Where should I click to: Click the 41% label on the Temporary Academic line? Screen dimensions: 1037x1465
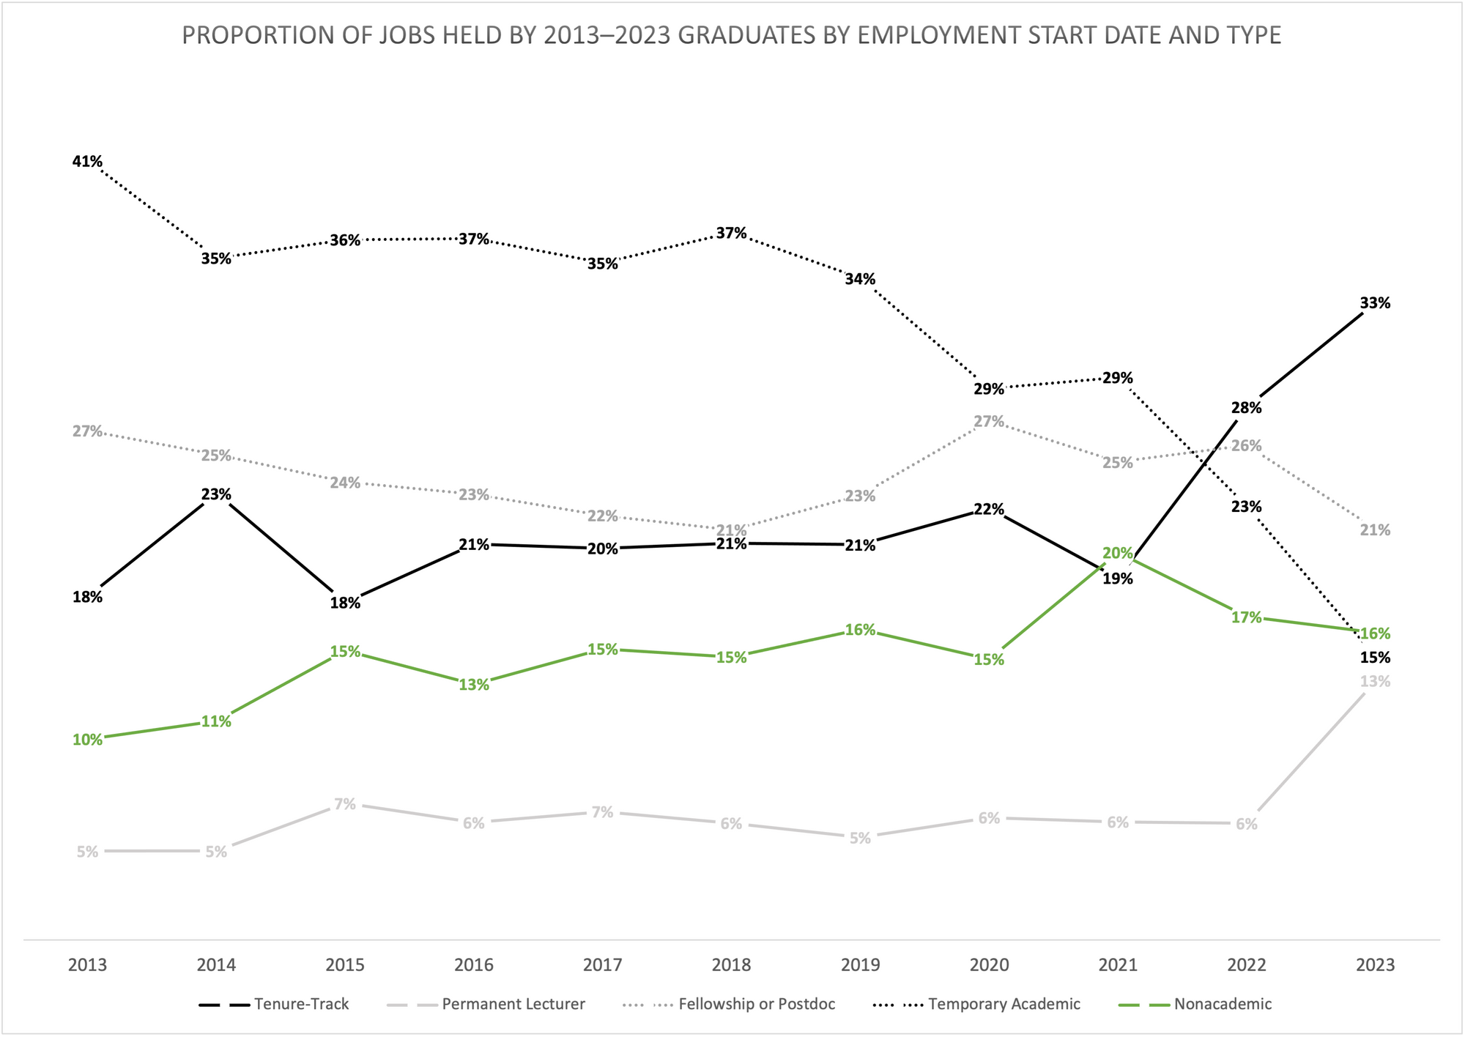[87, 162]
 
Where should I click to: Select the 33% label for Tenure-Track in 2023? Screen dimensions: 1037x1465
[1375, 303]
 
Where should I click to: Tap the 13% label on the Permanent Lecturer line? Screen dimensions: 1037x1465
[1375, 682]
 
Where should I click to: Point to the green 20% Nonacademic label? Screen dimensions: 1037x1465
[1118, 554]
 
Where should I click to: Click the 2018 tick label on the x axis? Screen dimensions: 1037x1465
[731, 965]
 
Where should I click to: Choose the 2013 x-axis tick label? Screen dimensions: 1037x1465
[87, 965]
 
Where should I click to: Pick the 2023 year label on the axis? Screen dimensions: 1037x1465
[1375, 965]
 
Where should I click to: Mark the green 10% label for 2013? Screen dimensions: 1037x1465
[87, 740]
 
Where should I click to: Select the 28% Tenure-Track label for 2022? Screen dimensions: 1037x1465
[1246, 408]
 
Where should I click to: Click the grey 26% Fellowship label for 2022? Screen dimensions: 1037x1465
[1246, 446]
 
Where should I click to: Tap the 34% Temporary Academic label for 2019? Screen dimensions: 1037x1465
[860, 279]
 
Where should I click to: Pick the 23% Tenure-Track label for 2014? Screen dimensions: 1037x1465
[216, 494]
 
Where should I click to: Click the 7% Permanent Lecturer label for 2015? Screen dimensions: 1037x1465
[345, 804]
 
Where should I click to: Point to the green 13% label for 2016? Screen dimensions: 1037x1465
[474, 685]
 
